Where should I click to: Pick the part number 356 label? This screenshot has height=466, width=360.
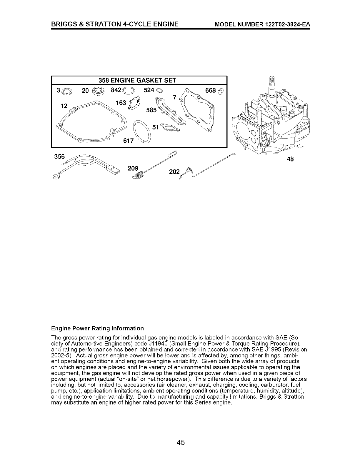click(59, 157)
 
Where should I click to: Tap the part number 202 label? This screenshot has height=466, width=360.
click(174, 172)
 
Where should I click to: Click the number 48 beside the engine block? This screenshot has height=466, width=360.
click(290, 159)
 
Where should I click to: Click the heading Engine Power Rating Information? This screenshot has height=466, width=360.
click(98, 328)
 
